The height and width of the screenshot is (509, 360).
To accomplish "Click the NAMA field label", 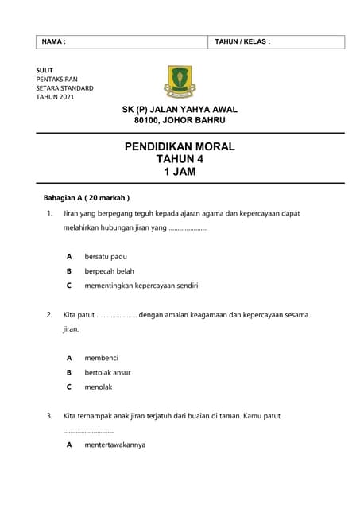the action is click(53, 41).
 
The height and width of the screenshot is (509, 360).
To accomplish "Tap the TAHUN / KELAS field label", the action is click(242, 41).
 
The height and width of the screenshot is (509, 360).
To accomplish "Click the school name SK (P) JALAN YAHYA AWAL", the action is click(180, 109).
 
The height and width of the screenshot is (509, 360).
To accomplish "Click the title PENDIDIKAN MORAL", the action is click(180, 146).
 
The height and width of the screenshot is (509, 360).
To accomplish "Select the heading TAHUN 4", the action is click(180, 159).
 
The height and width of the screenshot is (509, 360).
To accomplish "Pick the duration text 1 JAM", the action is click(180, 172).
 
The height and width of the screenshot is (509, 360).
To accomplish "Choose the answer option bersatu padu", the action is click(106, 256).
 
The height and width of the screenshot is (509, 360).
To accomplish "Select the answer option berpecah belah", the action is click(109, 270).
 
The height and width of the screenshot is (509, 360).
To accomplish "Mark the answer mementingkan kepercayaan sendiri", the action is click(141, 285).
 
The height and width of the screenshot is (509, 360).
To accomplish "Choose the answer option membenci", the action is click(101, 358).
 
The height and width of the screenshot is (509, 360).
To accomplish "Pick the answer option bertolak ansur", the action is click(107, 372).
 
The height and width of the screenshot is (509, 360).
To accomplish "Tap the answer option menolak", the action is click(99, 387).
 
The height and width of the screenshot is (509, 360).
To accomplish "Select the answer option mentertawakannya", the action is click(114, 445).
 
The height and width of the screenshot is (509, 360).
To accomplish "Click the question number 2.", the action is click(49, 314).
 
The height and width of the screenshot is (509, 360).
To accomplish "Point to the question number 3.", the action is click(49, 415).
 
